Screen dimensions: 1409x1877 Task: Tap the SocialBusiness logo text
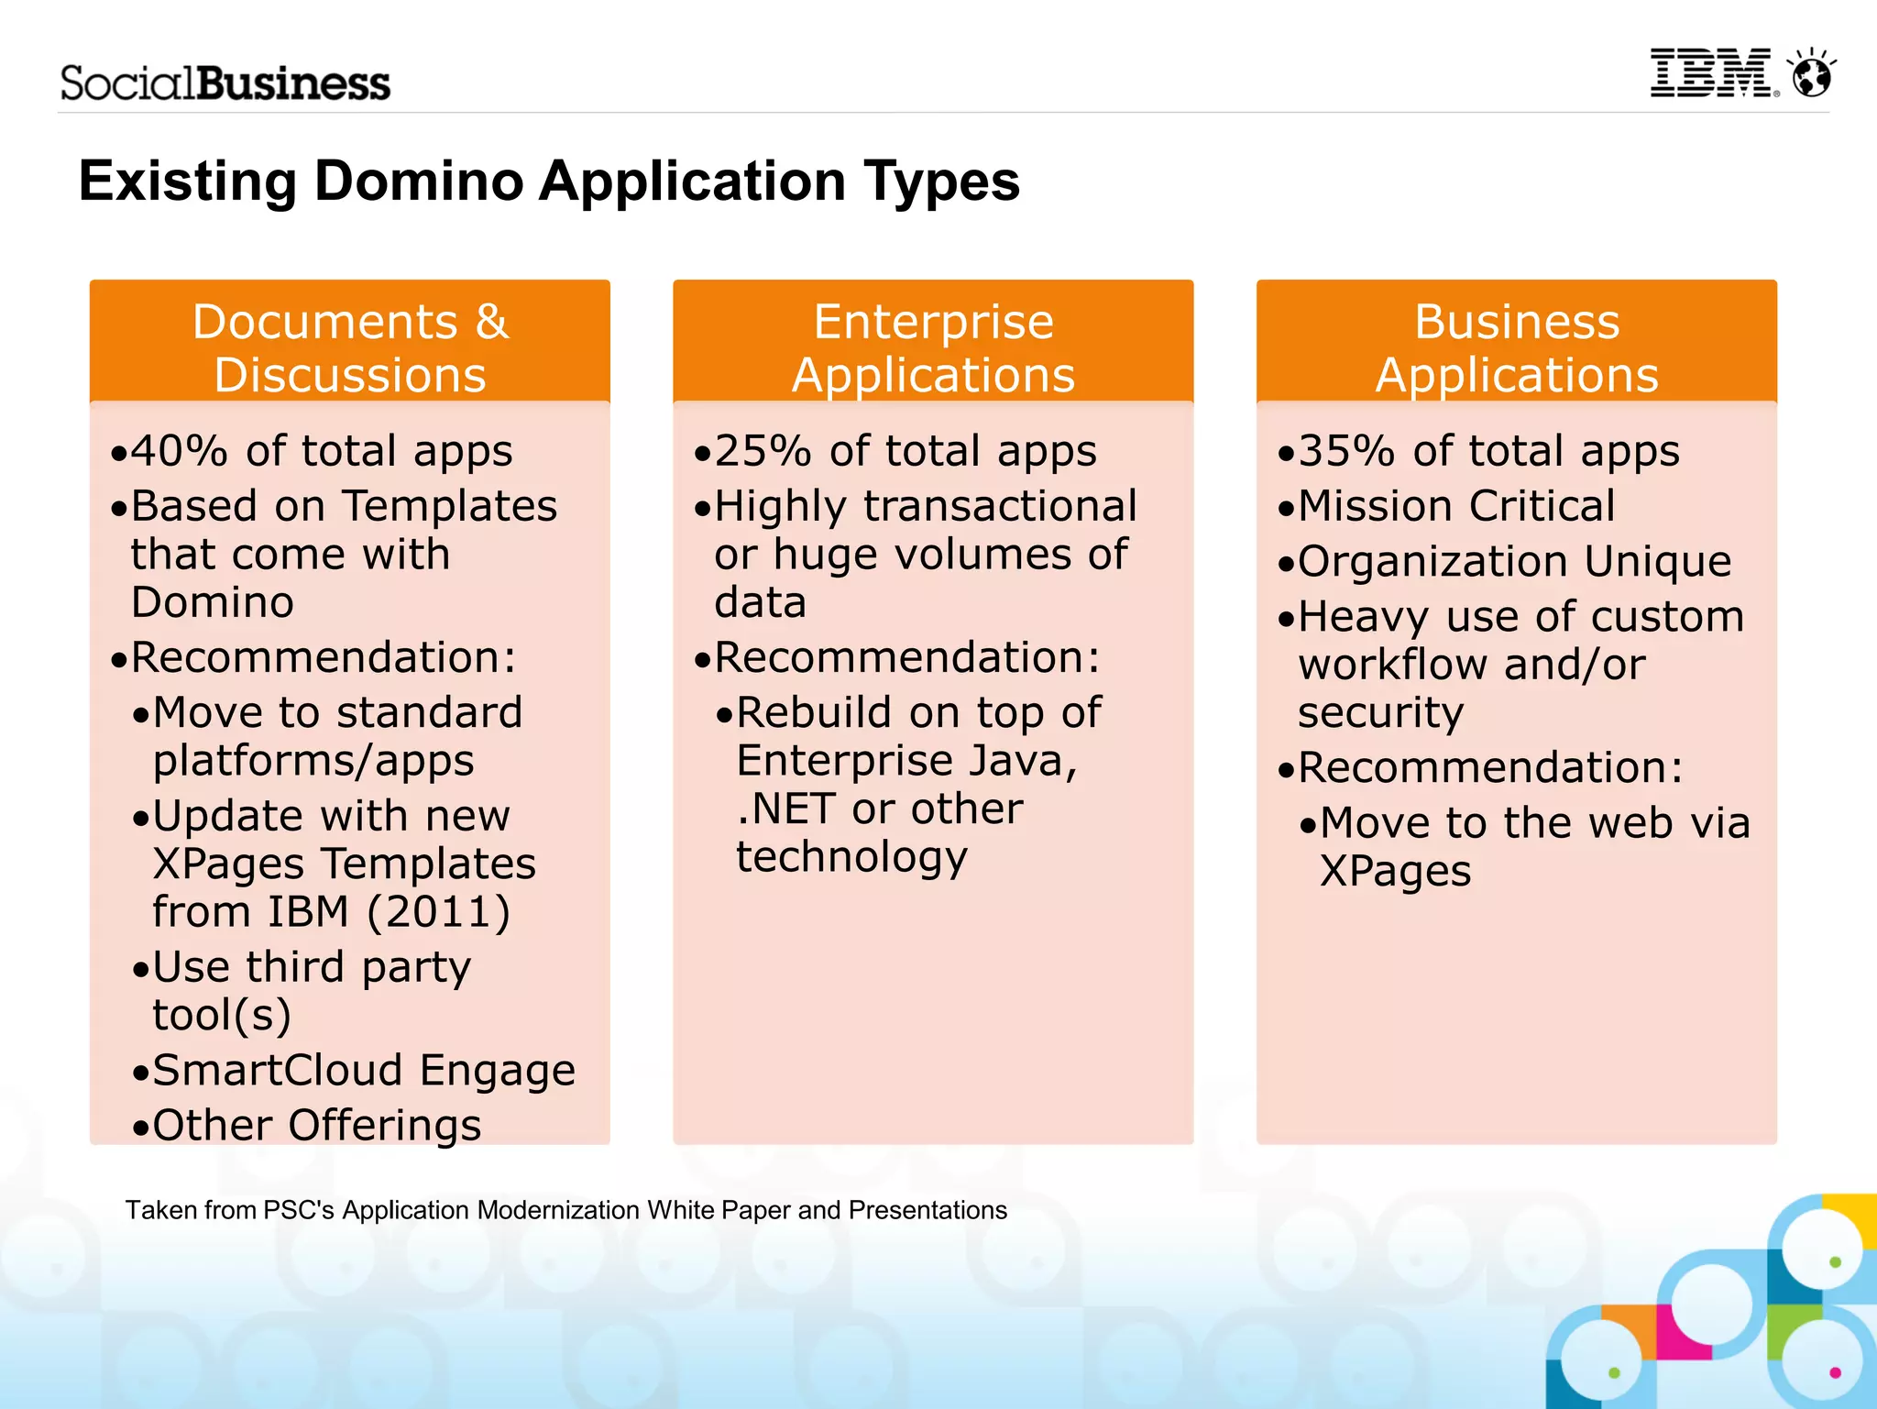pyautogui.click(x=225, y=83)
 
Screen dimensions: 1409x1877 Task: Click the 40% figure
pyautogui.click(x=180, y=451)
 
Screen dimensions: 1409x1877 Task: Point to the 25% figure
pyautogui.click(x=763, y=451)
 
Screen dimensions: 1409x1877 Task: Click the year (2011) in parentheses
pyautogui.click(x=438, y=912)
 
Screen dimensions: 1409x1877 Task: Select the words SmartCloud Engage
pyautogui.click(x=364, y=1071)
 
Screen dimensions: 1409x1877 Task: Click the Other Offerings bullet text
pyautogui.click(x=316, y=1126)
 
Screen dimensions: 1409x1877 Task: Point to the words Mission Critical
pyautogui.click(x=1456, y=506)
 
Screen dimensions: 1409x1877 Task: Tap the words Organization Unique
pyautogui.click(x=1514, y=561)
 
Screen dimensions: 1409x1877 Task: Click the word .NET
pyautogui.click(x=786, y=809)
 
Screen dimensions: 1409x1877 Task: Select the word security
pyautogui.click(x=1380, y=713)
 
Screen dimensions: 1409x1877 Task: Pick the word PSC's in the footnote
pyautogui.click(x=299, y=1210)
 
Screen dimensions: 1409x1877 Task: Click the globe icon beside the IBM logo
pyautogui.click(x=1813, y=73)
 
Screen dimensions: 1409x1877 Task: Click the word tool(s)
pyautogui.click(x=222, y=1016)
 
